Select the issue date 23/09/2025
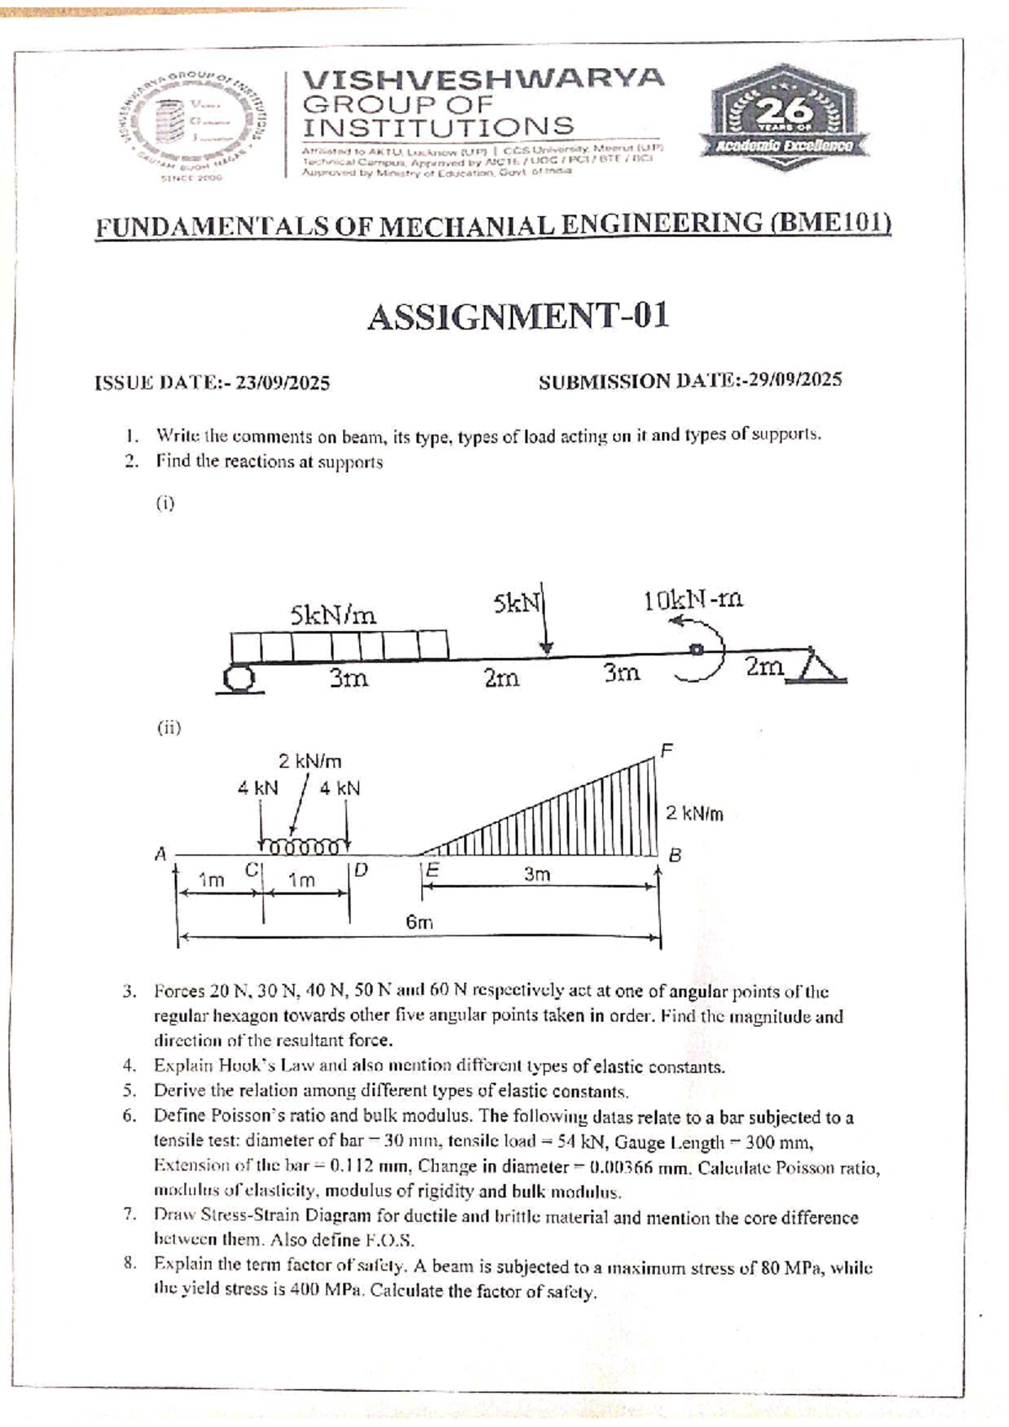(x=283, y=383)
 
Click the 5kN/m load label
(x=333, y=615)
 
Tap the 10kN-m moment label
(x=694, y=600)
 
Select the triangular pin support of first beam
(x=815, y=663)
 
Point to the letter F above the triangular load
(x=667, y=749)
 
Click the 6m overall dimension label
(x=420, y=921)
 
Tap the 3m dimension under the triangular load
(x=537, y=874)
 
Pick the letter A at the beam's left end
(x=161, y=854)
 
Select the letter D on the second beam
(x=361, y=869)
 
